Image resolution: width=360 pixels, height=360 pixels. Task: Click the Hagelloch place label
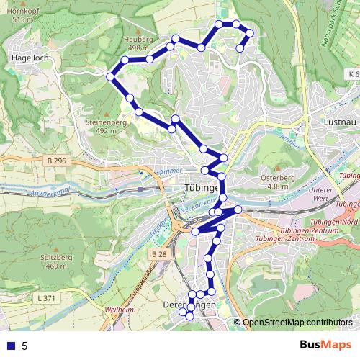[30, 55]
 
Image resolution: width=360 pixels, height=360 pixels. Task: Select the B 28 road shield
[160, 254]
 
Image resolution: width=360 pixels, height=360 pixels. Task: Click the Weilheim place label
[119, 309]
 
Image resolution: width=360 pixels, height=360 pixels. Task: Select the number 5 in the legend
[24, 346]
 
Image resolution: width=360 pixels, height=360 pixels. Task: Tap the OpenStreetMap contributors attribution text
[297, 323]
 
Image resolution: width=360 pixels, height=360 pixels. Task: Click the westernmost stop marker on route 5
[110, 76]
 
